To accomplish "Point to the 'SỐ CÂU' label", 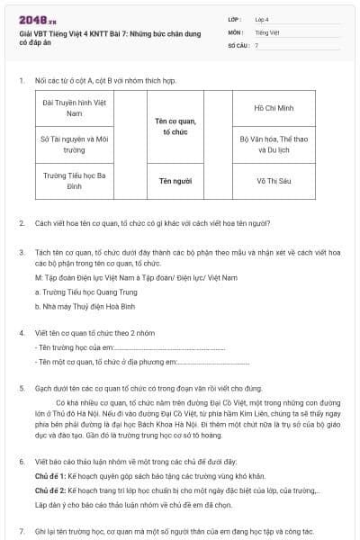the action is coord(238,44).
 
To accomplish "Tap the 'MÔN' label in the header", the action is coord(235,31).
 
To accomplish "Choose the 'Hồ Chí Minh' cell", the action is coord(275,108).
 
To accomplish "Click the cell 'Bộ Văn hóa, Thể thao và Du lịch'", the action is coord(275,145).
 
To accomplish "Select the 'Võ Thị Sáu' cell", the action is coord(275,181).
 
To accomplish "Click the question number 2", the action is coord(22,223).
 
